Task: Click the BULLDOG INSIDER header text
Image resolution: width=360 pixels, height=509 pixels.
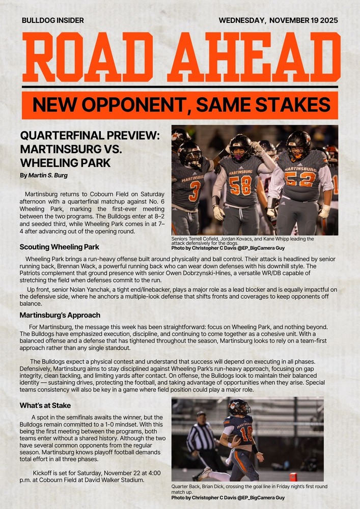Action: [53, 20]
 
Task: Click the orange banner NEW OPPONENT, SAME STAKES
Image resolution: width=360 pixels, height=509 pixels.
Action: [180, 105]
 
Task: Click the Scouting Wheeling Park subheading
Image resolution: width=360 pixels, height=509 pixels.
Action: [59, 247]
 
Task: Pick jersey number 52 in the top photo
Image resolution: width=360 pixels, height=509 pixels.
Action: [298, 179]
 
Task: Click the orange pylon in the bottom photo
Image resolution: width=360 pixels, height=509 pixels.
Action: [293, 476]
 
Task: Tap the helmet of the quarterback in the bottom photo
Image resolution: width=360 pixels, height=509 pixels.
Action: [238, 406]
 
